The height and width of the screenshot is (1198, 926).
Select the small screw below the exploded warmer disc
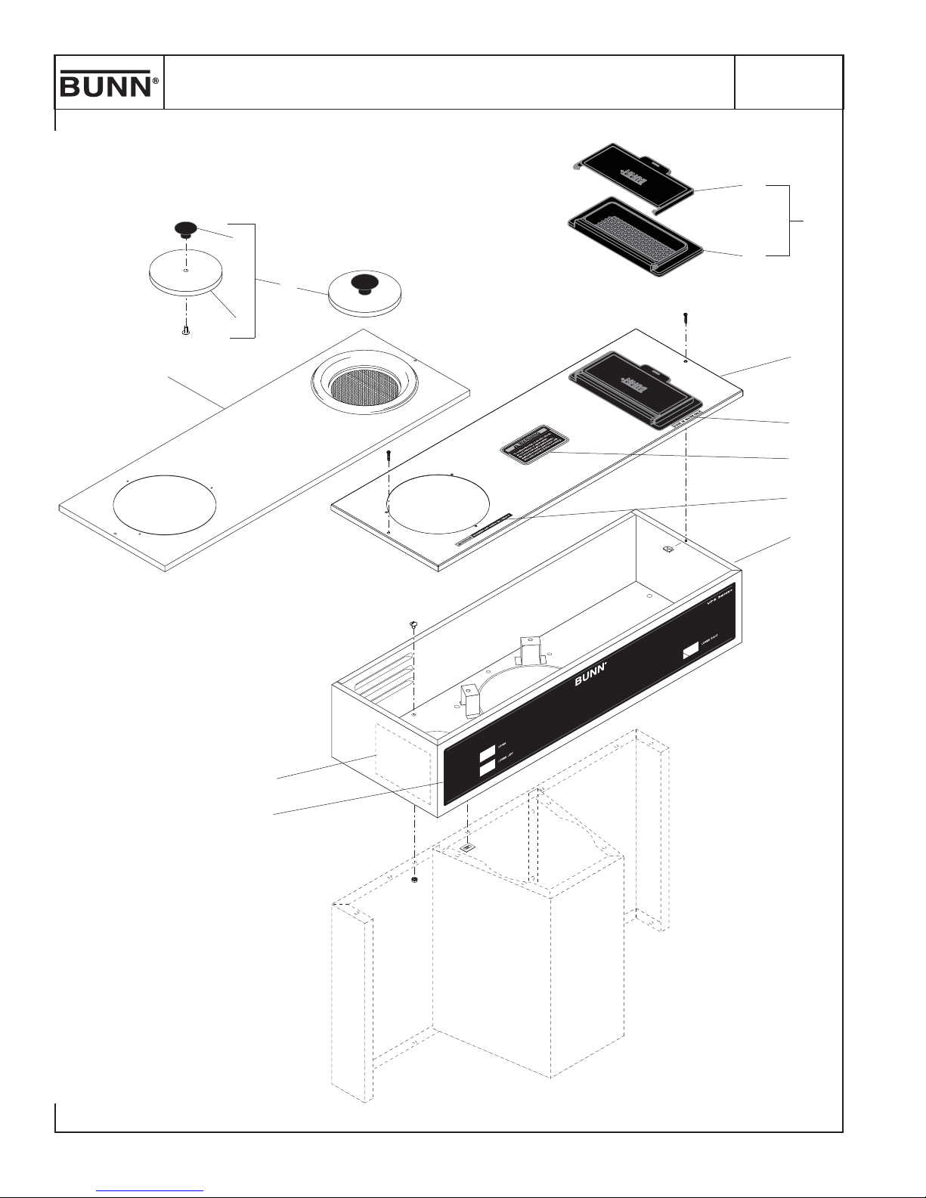(x=185, y=330)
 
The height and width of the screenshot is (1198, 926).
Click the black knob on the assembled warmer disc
(x=365, y=283)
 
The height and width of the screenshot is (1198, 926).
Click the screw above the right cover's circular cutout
(x=388, y=455)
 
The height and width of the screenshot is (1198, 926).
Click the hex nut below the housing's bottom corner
(x=414, y=881)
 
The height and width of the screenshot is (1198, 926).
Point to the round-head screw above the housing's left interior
(x=413, y=624)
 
